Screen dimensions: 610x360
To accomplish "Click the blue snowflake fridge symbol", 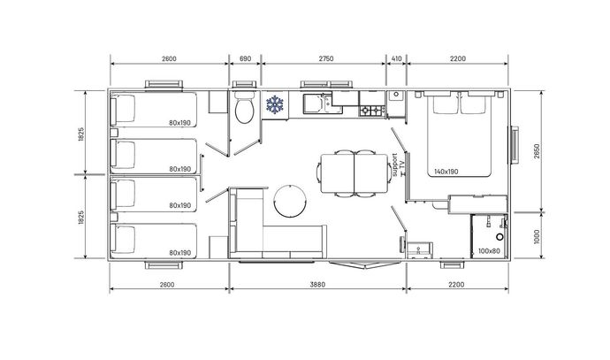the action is click(275, 104).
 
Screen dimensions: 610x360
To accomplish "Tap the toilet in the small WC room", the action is click(245, 107).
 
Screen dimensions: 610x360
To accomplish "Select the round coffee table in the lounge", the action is click(290, 201).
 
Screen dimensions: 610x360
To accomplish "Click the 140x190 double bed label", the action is click(446, 172).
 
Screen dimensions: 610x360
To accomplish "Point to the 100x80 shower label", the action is click(489, 251).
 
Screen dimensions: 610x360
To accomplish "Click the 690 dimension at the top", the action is click(245, 58).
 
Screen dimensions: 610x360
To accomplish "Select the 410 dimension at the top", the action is click(396, 58).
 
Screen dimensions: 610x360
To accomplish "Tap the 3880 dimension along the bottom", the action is click(317, 285).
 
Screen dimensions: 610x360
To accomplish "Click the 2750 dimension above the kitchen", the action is click(326, 58).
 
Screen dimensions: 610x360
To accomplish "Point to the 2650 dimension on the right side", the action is click(538, 152).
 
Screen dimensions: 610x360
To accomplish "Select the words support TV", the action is click(399, 165).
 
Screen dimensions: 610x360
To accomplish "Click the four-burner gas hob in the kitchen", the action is click(372, 111).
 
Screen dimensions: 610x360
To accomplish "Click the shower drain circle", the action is click(499, 237).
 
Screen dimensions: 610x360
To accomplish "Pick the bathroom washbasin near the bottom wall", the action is click(419, 250).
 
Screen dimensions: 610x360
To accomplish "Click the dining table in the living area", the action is click(354, 173).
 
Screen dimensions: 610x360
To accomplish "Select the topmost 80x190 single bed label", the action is click(179, 123).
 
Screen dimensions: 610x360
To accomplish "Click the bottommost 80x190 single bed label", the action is click(179, 253).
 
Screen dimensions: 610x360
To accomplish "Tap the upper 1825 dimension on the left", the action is click(81, 134).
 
